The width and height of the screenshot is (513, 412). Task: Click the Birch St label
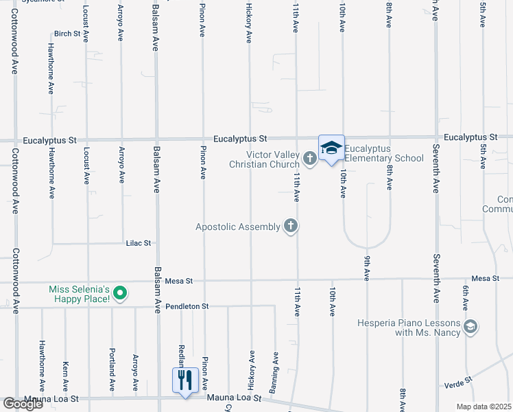pos(67,34)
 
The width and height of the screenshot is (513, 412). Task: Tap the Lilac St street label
pos(138,243)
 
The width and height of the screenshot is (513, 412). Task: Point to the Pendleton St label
pos(187,306)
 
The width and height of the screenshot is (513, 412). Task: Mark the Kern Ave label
pos(65,373)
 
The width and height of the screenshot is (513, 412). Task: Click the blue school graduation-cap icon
pos(331,148)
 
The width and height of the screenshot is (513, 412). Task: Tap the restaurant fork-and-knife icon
pos(185,380)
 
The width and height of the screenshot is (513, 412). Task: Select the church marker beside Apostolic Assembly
pos(291,226)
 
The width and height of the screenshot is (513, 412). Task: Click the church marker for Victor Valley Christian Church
pos(309,159)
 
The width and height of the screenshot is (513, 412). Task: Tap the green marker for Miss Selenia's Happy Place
pos(120,295)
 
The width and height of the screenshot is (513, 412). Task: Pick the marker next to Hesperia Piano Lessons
pos(470,328)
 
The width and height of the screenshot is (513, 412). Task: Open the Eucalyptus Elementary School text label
pos(384,153)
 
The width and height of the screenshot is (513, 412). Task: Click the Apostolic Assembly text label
pos(237,226)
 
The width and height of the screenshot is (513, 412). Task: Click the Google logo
pos(23,403)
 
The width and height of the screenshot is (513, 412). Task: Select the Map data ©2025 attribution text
pos(484,407)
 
